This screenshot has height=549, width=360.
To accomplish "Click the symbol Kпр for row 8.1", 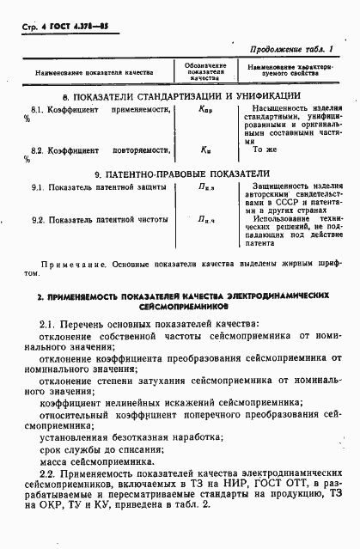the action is point(204,113).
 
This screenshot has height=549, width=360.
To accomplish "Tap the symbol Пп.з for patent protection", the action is point(204,187).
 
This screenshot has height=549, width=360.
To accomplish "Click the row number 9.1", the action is point(39,186).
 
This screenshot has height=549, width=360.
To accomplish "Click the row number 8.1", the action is point(39,112).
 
